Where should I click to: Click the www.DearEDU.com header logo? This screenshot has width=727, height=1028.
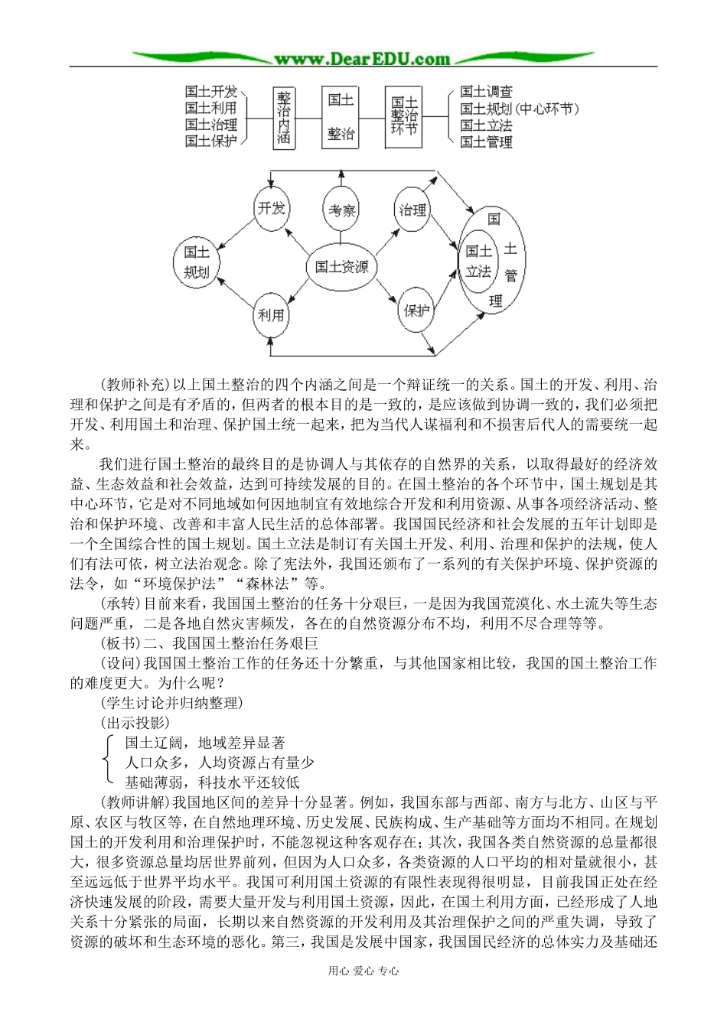[363, 59]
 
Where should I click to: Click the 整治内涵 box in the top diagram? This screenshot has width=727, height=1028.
[284, 117]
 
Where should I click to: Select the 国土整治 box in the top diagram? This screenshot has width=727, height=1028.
[341, 117]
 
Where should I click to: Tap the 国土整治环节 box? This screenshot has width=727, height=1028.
[403, 117]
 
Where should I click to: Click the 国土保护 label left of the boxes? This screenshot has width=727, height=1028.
[210, 141]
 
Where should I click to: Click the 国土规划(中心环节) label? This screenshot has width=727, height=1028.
[518, 109]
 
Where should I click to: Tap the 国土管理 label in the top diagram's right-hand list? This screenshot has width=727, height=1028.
[486, 141]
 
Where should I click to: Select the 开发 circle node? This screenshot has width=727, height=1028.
[272, 208]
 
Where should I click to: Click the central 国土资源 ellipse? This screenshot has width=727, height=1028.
[341, 267]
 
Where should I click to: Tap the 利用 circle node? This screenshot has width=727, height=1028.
[272, 314]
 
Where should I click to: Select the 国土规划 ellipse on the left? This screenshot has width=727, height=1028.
[197, 262]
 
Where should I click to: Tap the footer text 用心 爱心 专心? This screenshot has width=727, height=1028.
[363, 971]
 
